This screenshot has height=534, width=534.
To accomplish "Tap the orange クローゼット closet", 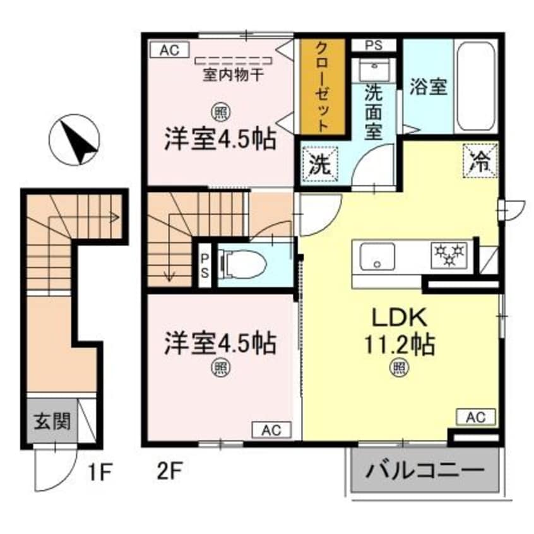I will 321,86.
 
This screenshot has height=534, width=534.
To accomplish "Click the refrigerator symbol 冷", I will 482,160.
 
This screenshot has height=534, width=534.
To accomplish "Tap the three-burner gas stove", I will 449,254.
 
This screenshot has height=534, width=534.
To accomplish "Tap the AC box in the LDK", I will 475,417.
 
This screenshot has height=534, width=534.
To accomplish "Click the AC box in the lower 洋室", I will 271,430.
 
